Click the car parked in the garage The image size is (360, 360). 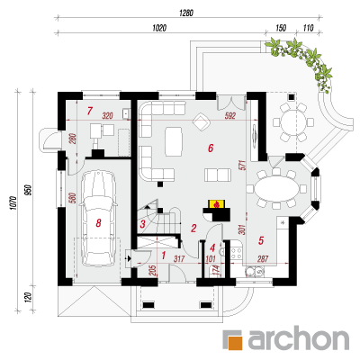click(x=98, y=219)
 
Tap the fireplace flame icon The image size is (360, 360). click(x=217, y=204)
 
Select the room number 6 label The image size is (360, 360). click(x=211, y=148)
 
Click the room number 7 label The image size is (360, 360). click(x=89, y=111)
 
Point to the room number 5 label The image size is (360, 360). click(x=261, y=240)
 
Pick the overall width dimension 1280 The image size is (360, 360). click(x=186, y=13)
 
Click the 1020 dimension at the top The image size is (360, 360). click(x=159, y=28)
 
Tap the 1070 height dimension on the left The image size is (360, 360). click(x=13, y=203)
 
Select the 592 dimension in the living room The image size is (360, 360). click(x=230, y=115)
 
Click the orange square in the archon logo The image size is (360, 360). click(x=235, y=340)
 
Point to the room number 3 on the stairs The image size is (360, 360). click(x=143, y=224)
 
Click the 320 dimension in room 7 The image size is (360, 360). click(x=107, y=115)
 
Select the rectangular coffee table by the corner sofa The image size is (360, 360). click(x=174, y=141)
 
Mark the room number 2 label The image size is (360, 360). click(x=193, y=229)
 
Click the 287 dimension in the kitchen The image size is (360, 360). click(x=263, y=258)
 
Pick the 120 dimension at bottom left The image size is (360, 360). click(x=28, y=298)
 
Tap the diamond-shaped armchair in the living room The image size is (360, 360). click(x=201, y=122)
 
